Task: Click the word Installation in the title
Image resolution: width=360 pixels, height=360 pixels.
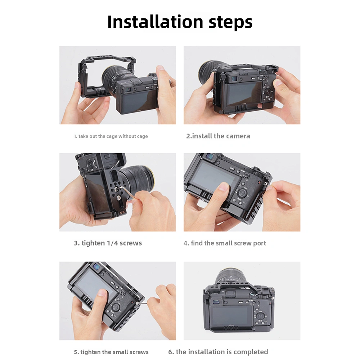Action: pos(155,22)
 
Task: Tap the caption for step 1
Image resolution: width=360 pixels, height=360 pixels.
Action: pos(111,136)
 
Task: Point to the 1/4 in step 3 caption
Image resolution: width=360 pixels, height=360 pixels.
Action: pos(113,243)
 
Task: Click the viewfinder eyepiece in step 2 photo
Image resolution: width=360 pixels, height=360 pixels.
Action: pos(234,78)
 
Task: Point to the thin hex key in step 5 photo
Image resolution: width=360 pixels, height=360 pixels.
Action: pos(142,303)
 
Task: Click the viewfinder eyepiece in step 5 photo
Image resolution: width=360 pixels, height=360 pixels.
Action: pos(97,267)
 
